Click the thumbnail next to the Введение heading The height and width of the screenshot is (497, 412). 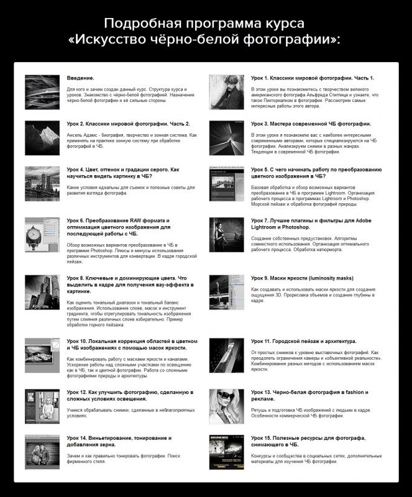(42, 87)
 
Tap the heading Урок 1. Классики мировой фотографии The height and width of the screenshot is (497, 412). (313, 78)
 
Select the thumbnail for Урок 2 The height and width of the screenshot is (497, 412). (42, 137)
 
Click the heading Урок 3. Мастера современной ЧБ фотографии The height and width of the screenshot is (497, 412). (310, 124)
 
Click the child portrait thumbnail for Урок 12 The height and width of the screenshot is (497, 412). (42, 403)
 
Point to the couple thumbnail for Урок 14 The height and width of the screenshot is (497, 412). (42, 450)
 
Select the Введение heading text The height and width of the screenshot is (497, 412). (81, 78)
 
